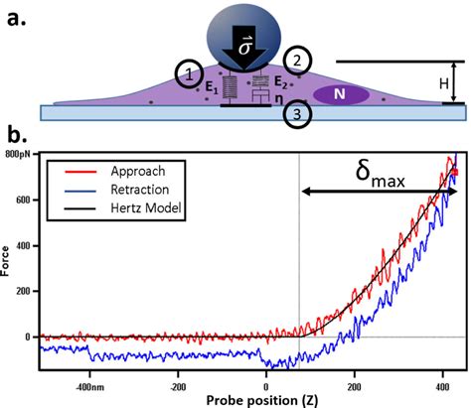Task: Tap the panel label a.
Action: [x=12, y=15]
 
